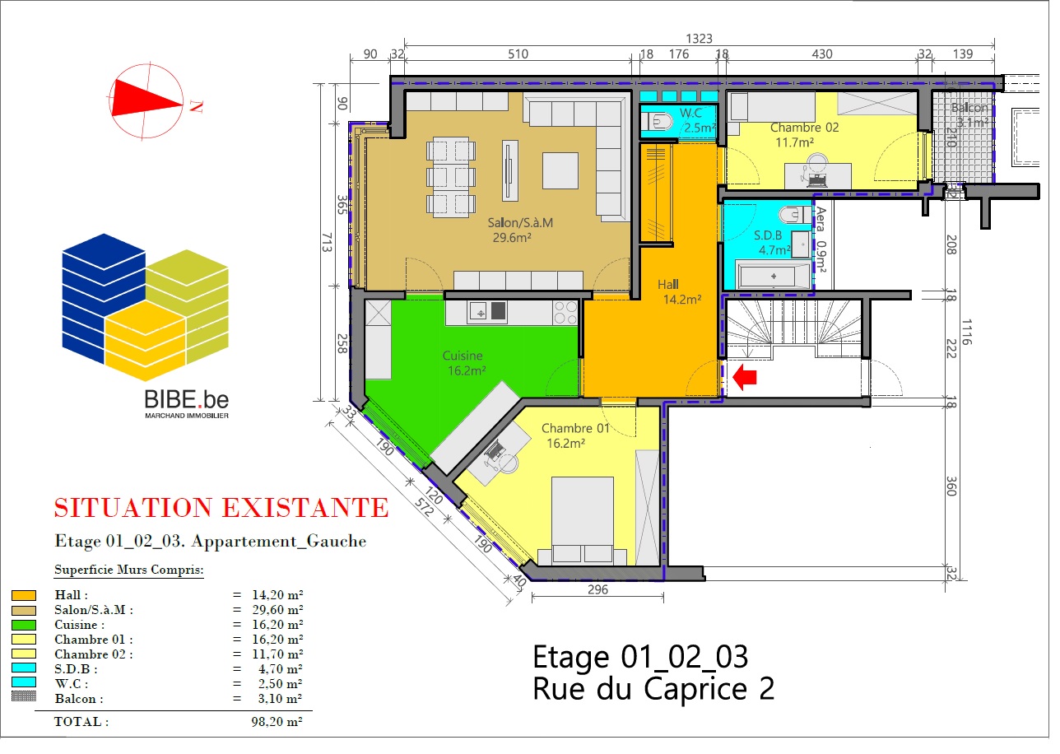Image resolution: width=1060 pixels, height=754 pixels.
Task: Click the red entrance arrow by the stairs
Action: pos(745,377)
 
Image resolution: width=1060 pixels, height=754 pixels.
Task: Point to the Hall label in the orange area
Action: pos(667,285)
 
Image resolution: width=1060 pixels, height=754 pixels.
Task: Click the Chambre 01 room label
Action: pos(575,428)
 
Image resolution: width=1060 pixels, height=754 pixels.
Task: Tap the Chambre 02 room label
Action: pos(805,128)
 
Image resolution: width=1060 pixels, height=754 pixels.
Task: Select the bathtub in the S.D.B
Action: pos(773,275)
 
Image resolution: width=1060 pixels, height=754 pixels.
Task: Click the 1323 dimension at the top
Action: pos(699,39)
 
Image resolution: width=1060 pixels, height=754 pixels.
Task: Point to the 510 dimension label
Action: pos(518,54)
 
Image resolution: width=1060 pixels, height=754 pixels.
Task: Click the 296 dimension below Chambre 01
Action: pos(597,589)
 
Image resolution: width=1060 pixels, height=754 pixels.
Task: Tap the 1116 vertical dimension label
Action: pos(966,332)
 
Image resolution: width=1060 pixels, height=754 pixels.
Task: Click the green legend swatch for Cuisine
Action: pos(24,625)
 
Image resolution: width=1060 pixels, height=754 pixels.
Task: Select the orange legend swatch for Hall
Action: pos(24,595)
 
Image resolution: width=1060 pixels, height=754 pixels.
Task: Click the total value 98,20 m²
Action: pos(277,721)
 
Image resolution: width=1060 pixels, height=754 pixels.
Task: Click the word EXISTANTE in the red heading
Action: pos(305,507)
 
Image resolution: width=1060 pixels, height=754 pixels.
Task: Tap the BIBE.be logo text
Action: pos(187,400)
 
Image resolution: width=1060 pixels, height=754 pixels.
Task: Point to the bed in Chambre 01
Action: pos(583,521)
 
